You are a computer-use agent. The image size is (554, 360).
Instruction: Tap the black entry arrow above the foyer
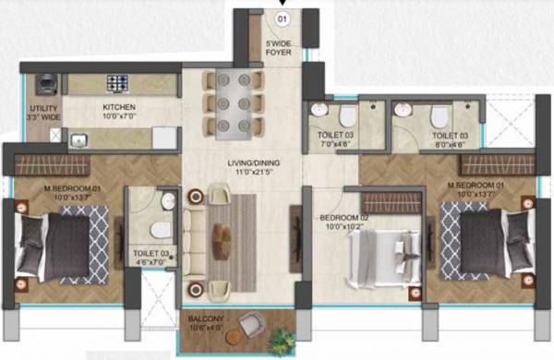click(x=295, y=4)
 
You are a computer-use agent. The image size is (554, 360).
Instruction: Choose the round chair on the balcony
click(x=248, y=324)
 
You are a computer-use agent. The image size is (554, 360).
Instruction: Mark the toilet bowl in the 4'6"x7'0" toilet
click(x=159, y=228)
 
